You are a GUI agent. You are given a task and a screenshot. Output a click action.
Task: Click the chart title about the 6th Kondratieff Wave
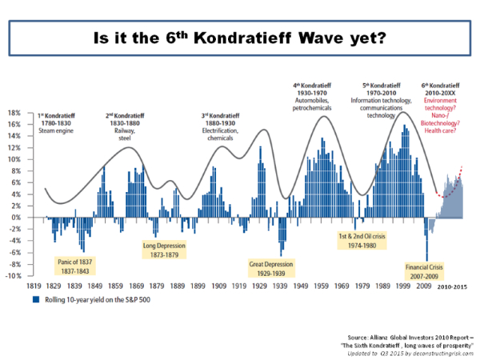[240, 38]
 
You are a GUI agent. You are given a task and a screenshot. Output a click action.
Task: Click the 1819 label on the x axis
[33, 285]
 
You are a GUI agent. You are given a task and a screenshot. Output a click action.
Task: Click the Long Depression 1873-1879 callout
[165, 250]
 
